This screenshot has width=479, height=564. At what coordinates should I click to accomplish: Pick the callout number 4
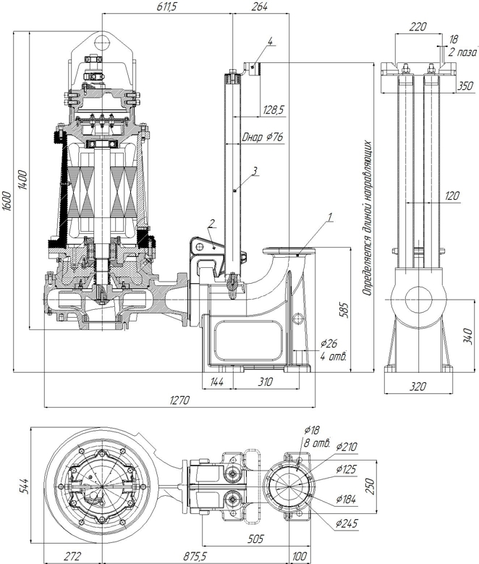(x=269, y=43)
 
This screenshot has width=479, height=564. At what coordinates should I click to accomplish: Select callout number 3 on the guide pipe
(x=255, y=172)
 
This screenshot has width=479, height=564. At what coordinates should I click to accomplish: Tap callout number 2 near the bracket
(x=211, y=223)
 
